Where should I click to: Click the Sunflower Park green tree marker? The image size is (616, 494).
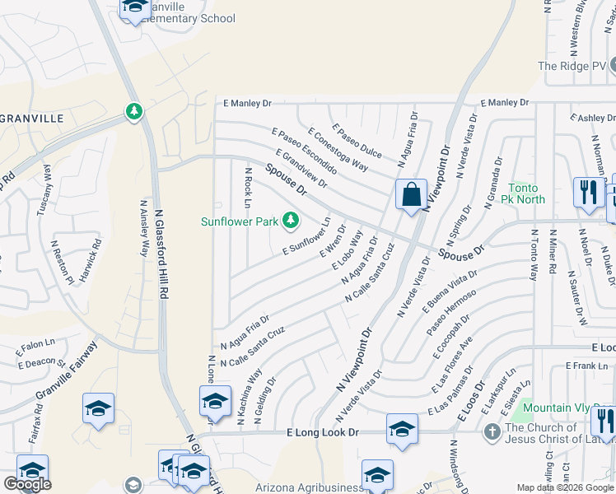click(290, 221)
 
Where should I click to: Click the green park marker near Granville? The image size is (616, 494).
click(133, 110)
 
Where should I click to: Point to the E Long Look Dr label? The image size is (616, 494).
click(323, 432)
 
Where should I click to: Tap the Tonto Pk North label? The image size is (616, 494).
click(527, 193)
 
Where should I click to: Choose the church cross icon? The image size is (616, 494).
click(492, 431)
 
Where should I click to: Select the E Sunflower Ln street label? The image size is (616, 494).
click(306, 237)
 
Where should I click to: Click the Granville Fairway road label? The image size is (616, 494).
click(66, 377)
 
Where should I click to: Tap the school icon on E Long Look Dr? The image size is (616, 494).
click(402, 429)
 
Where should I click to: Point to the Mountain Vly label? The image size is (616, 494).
click(559, 408)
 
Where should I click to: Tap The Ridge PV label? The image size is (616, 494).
click(572, 66)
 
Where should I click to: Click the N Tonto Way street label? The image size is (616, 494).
click(534, 255)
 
